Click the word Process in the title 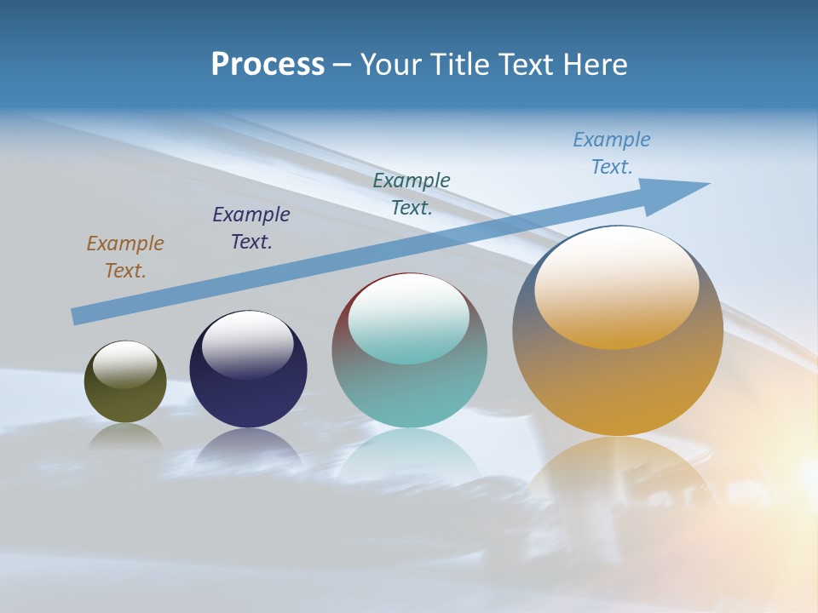pyautogui.click(x=268, y=64)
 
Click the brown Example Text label pyautogui.click(x=125, y=256)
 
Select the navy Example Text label pyautogui.click(x=251, y=227)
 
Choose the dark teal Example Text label pyautogui.click(x=412, y=193)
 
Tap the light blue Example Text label pyautogui.click(x=612, y=152)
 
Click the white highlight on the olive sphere pyautogui.click(x=124, y=364)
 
